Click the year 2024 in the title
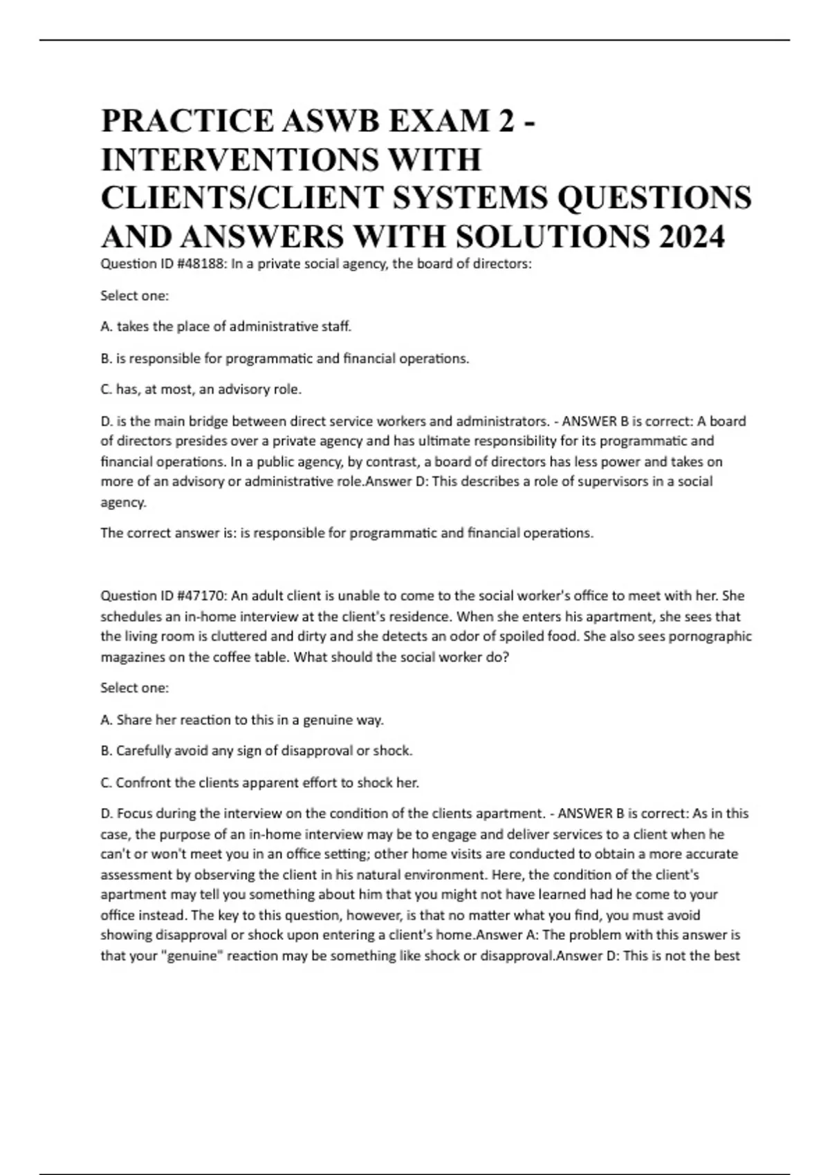point(692,237)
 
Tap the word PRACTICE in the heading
point(187,121)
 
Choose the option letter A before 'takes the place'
point(107,326)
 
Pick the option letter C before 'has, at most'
point(107,389)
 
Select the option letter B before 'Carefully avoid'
point(107,751)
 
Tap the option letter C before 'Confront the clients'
point(107,782)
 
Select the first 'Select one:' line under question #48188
point(135,296)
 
